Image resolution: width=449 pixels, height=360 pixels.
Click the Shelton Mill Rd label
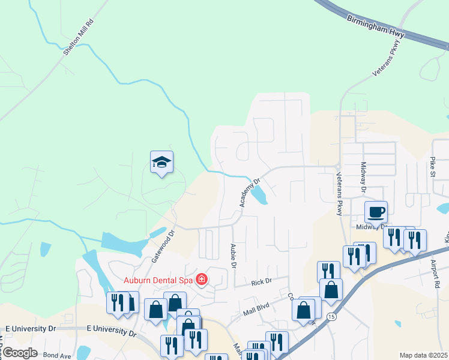[x=80, y=38]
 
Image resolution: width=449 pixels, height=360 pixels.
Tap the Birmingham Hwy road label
[x=376, y=26]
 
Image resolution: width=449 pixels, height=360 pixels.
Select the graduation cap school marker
[x=161, y=162]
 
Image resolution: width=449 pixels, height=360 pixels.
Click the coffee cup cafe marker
[x=376, y=212]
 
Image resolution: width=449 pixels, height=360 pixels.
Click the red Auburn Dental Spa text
[x=158, y=280]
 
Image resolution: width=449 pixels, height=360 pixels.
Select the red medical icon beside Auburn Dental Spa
[x=202, y=279]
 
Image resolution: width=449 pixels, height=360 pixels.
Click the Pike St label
[x=432, y=166]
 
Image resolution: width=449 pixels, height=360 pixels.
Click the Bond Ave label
[x=57, y=355]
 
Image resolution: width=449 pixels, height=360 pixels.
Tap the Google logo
[x=20, y=353]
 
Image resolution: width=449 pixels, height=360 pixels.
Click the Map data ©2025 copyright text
[x=424, y=355]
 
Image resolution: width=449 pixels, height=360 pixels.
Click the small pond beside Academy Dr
[x=259, y=194]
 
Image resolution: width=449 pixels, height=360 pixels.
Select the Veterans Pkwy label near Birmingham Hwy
[x=385, y=62]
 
